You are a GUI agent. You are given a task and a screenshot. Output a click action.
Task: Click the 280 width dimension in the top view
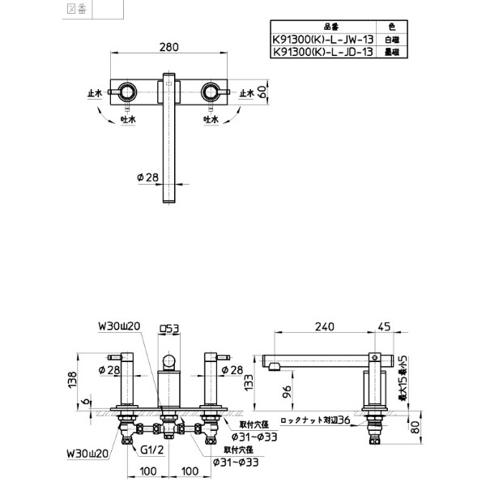click(x=169, y=48)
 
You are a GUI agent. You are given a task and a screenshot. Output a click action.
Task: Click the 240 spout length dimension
click(x=323, y=327)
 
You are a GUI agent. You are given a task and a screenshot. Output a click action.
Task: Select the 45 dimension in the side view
click(x=384, y=327)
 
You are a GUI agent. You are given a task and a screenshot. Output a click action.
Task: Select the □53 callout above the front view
click(x=169, y=328)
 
